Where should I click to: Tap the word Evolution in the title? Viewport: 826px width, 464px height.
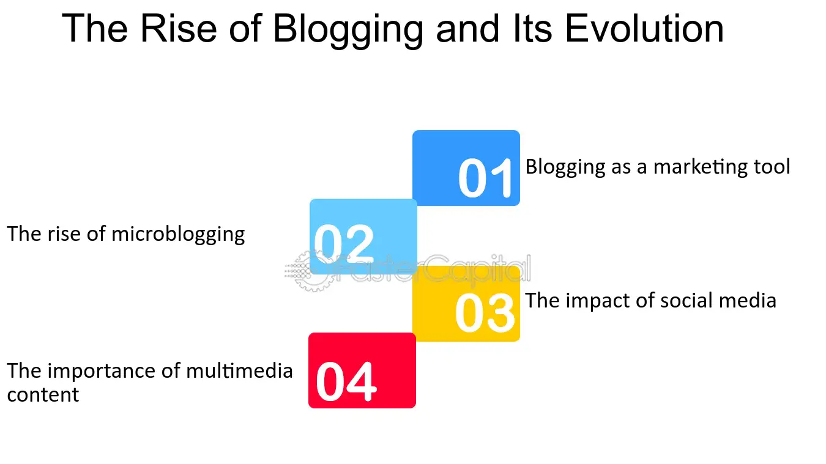point(644,28)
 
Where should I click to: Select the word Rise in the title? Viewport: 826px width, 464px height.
point(179,28)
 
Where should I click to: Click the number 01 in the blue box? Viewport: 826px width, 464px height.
point(485,178)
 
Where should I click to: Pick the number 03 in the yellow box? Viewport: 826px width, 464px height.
point(485,312)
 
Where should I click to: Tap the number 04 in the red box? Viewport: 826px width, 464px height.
point(346,381)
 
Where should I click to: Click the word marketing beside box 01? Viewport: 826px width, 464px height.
point(700,168)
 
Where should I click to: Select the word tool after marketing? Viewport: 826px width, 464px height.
point(772,166)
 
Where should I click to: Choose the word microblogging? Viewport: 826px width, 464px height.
point(178,235)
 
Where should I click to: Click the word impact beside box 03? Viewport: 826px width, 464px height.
point(598,302)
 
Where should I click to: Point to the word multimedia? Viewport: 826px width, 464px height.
point(239,370)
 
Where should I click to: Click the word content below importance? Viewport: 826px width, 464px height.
point(43,395)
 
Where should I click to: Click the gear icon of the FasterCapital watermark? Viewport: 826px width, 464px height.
point(312,271)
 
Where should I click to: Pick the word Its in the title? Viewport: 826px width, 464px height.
point(532,28)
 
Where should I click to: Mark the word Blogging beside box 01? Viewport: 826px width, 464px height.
point(565,168)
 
